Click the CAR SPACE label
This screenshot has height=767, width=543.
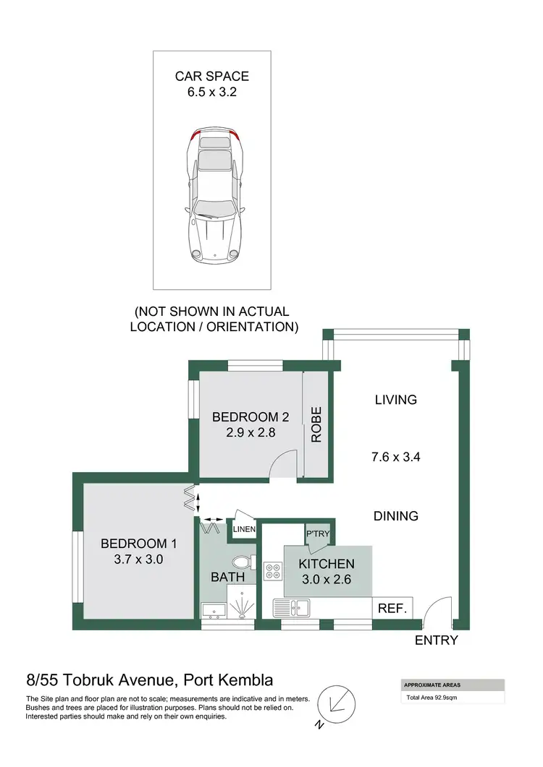point(211,76)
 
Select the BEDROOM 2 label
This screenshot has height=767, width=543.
point(251,417)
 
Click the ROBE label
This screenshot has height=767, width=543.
point(316,424)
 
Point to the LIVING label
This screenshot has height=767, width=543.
point(396,399)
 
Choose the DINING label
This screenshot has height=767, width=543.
point(396,516)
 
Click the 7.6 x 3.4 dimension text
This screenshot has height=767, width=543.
point(396,456)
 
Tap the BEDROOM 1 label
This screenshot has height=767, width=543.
point(138,544)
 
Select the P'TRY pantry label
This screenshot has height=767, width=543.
point(319,533)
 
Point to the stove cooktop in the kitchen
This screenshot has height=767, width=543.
point(274,572)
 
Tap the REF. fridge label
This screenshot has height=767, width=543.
point(393,609)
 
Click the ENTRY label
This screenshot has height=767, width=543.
point(436,640)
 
